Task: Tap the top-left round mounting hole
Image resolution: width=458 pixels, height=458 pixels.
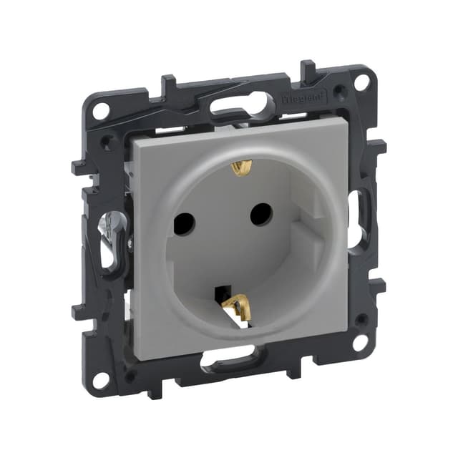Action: coord(101,110)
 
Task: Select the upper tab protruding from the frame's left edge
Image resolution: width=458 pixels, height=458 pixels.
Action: coord(77,168)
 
